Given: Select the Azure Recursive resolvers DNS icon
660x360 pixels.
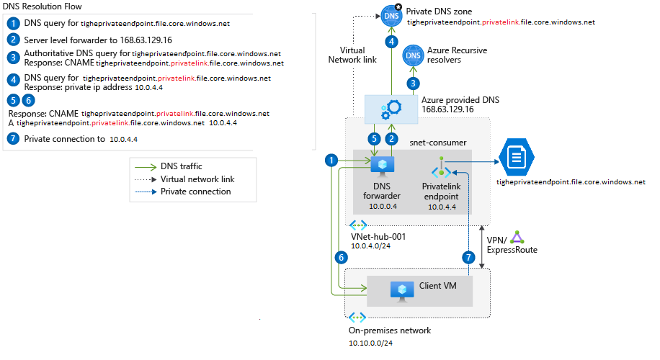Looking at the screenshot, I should (414, 55).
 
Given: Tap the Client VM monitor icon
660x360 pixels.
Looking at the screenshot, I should (400, 289).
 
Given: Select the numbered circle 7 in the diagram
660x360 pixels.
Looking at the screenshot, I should (469, 256).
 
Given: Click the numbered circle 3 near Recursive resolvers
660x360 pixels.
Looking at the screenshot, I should (413, 83).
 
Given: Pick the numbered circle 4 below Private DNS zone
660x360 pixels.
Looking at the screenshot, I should (391, 42).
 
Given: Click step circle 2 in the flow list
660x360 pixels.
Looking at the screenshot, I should (13, 39).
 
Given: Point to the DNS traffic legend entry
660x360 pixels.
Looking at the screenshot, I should (180, 166).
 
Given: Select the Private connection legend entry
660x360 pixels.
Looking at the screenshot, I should (195, 192).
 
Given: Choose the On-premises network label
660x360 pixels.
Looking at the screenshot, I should (390, 330).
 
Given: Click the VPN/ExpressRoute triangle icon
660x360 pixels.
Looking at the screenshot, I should (516, 238).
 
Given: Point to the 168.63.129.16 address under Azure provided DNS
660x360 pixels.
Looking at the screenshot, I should (447, 109).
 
